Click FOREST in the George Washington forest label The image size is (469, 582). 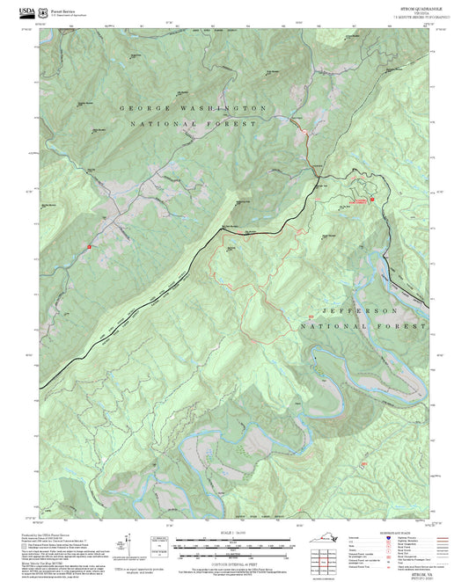point(231,125)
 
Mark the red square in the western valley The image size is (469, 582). point(89,247)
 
